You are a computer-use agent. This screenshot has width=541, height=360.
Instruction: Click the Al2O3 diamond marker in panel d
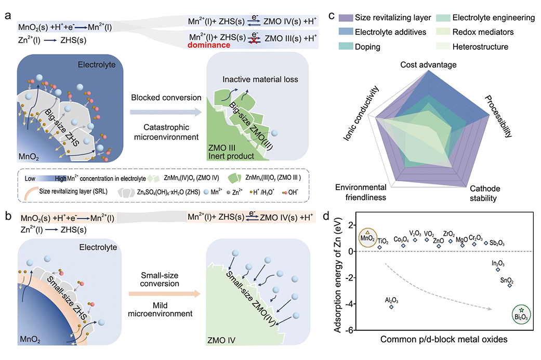click(x=391, y=307)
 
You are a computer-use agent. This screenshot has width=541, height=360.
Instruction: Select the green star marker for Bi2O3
click(x=521, y=310)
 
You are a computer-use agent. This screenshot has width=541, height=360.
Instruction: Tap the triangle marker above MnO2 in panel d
click(x=367, y=232)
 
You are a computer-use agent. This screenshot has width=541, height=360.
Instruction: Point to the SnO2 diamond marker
click(x=510, y=286)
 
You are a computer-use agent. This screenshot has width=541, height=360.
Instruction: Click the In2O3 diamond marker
click(x=498, y=270)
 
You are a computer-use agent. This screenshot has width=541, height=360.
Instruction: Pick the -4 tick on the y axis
click(x=352, y=304)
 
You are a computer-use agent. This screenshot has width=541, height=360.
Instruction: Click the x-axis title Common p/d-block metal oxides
click(x=444, y=340)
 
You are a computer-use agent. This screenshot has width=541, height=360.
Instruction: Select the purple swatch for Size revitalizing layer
click(x=346, y=18)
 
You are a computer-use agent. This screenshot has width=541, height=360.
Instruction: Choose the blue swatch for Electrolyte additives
click(x=346, y=32)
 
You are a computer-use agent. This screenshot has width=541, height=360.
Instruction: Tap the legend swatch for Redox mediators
click(x=443, y=32)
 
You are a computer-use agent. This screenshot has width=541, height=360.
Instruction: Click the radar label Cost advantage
click(x=428, y=65)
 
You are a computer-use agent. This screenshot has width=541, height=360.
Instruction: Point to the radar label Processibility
click(x=498, y=116)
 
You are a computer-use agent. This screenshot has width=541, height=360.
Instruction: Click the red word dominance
click(x=209, y=45)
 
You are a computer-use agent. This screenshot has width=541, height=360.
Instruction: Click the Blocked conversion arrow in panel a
click(x=166, y=112)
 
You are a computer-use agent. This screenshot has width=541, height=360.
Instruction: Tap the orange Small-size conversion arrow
click(x=164, y=294)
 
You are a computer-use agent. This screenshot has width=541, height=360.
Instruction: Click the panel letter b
click(x=8, y=216)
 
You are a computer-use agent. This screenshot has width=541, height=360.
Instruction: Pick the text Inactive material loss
click(x=260, y=79)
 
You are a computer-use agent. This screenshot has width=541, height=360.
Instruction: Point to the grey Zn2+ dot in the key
click(x=229, y=192)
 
